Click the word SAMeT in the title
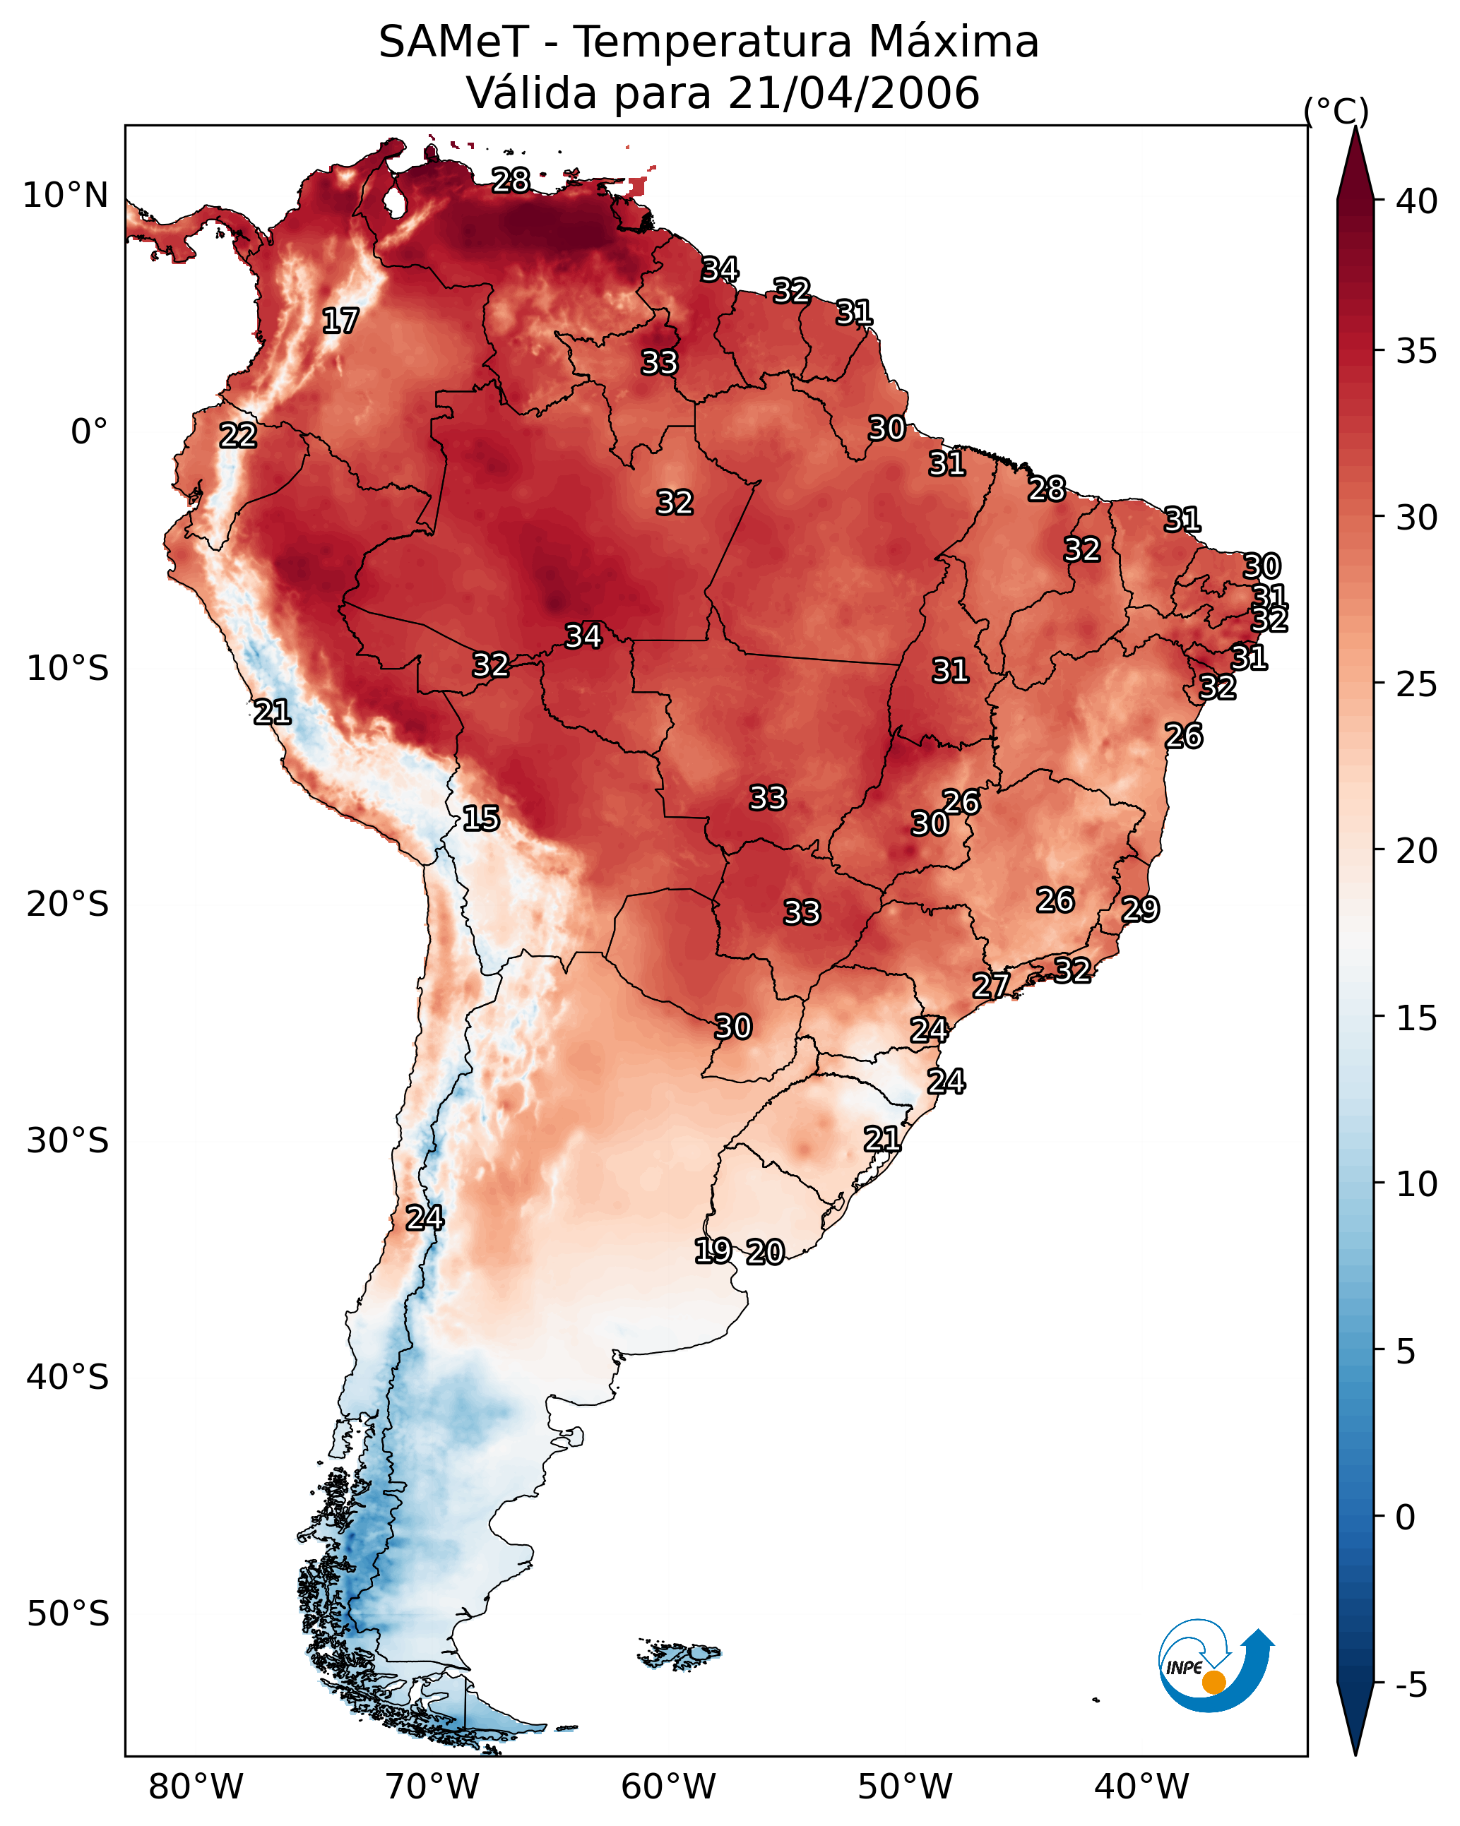click(453, 42)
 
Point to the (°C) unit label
click(1336, 111)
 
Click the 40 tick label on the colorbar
click(1417, 201)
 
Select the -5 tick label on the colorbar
click(1411, 1685)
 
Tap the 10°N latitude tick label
click(65, 196)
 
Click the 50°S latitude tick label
click(68, 1614)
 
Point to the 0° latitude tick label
click(89, 432)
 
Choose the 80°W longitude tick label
click(196, 1787)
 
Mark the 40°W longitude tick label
click(1141, 1787)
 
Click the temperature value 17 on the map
click(340, 321)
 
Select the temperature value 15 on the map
click(480, 818)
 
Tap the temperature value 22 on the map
click(238, 436)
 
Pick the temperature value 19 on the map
click(713, 1250)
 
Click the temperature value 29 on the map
click(1140, 909)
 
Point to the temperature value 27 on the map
click(990, 985)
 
